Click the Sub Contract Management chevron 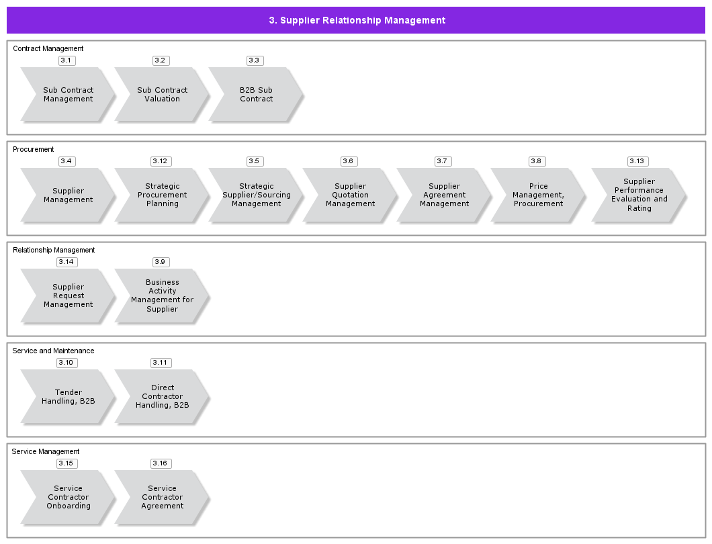[68, 95]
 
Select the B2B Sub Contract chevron [256, 95]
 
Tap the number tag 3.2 [160, 60]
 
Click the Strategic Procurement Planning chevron [162, 195]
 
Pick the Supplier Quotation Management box [350, 195]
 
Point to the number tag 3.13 [637, 161]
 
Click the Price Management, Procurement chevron [538, 195]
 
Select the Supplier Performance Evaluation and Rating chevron [639, 195]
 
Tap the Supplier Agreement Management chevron [444, 195]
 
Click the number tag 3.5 [254, 161]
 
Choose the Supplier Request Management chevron [68, 296]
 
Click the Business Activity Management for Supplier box [162, 296]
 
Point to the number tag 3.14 [66, 262]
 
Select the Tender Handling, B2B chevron [68, 397]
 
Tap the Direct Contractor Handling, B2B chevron [162, 397]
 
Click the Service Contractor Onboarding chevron [68, 498]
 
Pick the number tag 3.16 [160, 463]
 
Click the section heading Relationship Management [54, 250]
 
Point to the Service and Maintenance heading [53, 351]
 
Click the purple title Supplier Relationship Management [357, 20]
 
